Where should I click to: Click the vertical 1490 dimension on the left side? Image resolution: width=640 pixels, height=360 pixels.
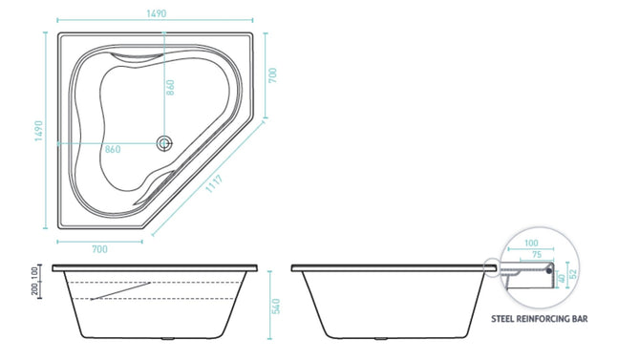pos(40,131)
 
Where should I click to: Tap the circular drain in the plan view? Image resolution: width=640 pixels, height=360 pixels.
pos(164,143)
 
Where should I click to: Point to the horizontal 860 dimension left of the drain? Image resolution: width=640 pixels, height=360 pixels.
pos(112,150)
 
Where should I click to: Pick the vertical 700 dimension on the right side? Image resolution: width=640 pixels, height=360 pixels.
pos(272,77)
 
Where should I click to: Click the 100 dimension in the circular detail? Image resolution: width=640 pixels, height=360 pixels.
pos(530,244)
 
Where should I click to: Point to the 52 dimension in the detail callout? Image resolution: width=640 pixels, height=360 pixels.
pos(573,274)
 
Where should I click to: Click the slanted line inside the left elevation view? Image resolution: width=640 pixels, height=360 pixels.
pos(121,290)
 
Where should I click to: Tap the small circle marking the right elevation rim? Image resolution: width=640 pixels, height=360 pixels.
pos(493,270)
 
